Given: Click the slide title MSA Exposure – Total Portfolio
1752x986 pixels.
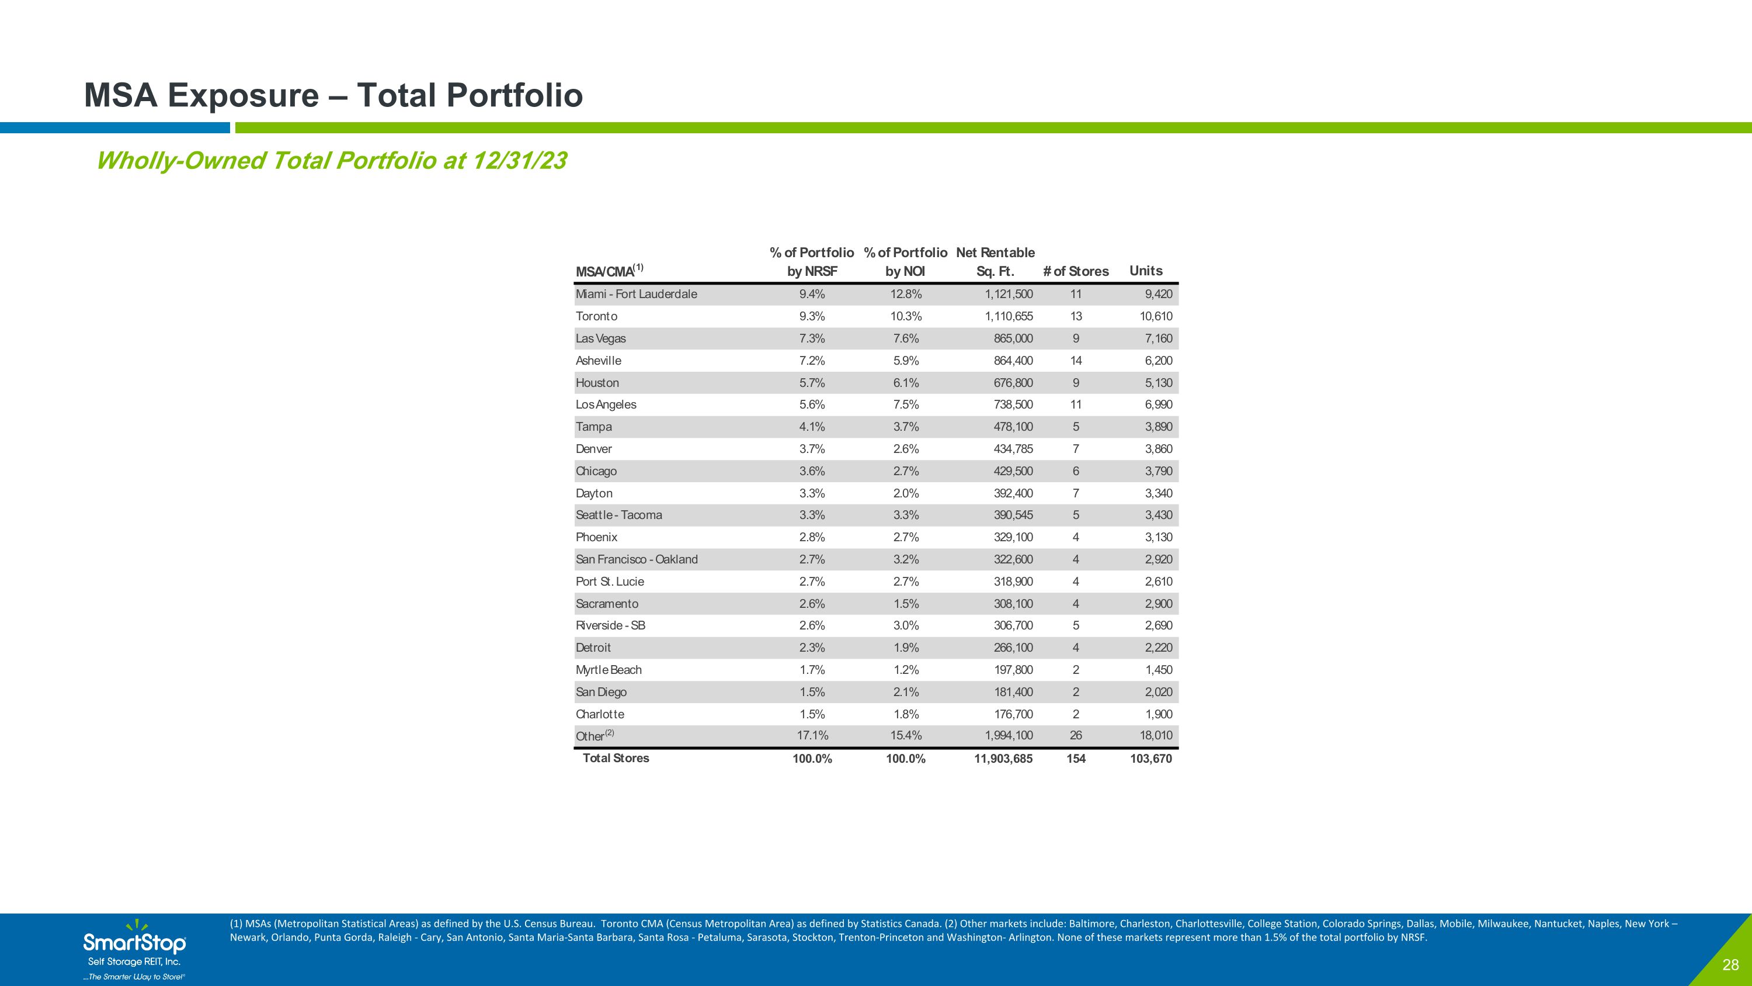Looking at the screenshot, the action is click(x=333, y=95).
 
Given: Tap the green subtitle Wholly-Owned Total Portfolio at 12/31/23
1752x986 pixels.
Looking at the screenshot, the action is click(x=331, y=161).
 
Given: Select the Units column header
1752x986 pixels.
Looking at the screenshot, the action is click(x=1146, y=271).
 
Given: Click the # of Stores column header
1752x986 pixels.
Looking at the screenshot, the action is click(x=1075, y=272).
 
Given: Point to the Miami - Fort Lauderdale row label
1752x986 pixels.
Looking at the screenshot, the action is click(x=636, y=294).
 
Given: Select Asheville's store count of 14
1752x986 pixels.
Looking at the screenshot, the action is click(x=1075, y=361).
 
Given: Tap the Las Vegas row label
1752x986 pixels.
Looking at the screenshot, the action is click(x=600, y=338).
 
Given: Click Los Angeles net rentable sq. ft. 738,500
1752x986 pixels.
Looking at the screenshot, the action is click(x=1013, y=405).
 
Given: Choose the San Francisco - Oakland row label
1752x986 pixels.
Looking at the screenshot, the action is click(x=637, y=559).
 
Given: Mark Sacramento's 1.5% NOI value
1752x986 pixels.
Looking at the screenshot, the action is click(x=905, y=604).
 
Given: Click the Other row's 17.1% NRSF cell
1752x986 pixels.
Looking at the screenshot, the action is click(x=812, y=736).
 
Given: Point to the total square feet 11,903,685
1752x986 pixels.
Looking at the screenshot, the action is click(x=1003, y=759).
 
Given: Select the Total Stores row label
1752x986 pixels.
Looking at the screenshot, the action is click(x=616, y=758).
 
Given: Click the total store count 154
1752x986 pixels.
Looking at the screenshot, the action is click(x=1076, y=759).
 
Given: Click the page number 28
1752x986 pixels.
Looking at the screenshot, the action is click(x=1730, y=965).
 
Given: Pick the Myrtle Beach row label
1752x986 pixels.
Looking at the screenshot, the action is click(x=608, y=670).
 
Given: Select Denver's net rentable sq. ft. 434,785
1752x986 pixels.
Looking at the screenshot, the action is click(x=1013, y=449).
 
